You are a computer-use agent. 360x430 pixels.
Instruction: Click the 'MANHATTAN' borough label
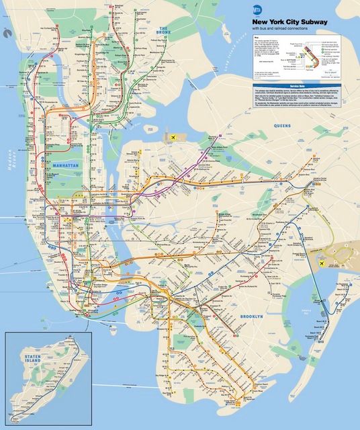point(65,165)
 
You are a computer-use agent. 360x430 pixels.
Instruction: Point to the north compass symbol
point(6,32)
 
